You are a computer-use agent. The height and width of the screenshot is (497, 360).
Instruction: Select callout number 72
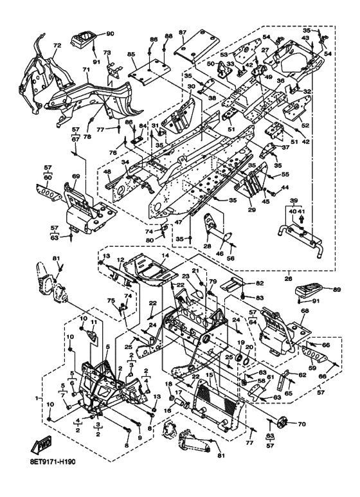pyautogui.click(x=57, y=46)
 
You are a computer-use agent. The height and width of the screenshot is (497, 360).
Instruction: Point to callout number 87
pyautogui.click(x=183, y=32)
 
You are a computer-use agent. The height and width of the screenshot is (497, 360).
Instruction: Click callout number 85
pyautogui.click(x=131, y=54)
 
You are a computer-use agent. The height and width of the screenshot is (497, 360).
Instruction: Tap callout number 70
pyautogui.click(x=301, y=424)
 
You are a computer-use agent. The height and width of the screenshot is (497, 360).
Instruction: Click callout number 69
pyautogui.click(x=76, y=176)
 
